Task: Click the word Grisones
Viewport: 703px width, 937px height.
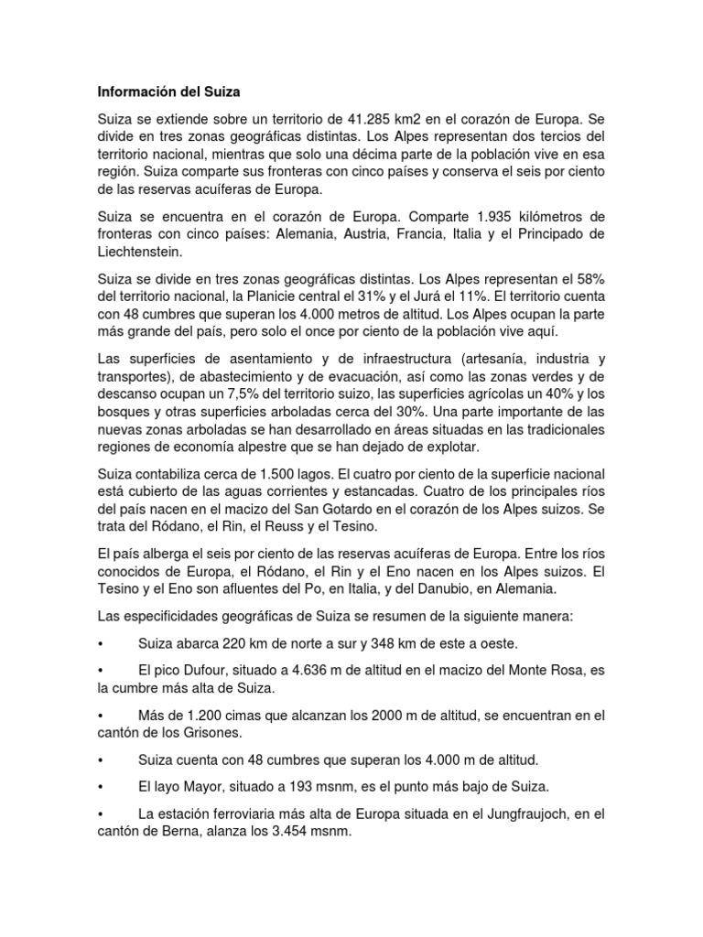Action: point(211,734)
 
